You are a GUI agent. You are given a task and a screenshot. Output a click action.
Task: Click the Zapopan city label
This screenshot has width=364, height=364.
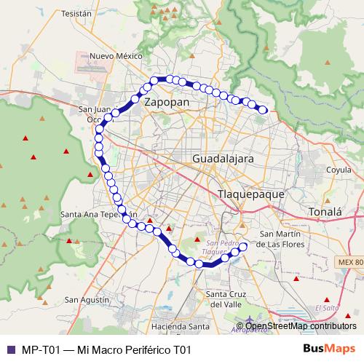167,103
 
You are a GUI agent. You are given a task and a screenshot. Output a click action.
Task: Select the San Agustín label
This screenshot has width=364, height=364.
87,299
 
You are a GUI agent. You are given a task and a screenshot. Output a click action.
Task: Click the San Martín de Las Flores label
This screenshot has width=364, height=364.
287,239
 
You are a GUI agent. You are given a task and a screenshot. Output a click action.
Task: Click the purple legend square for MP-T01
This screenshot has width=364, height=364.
10,349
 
